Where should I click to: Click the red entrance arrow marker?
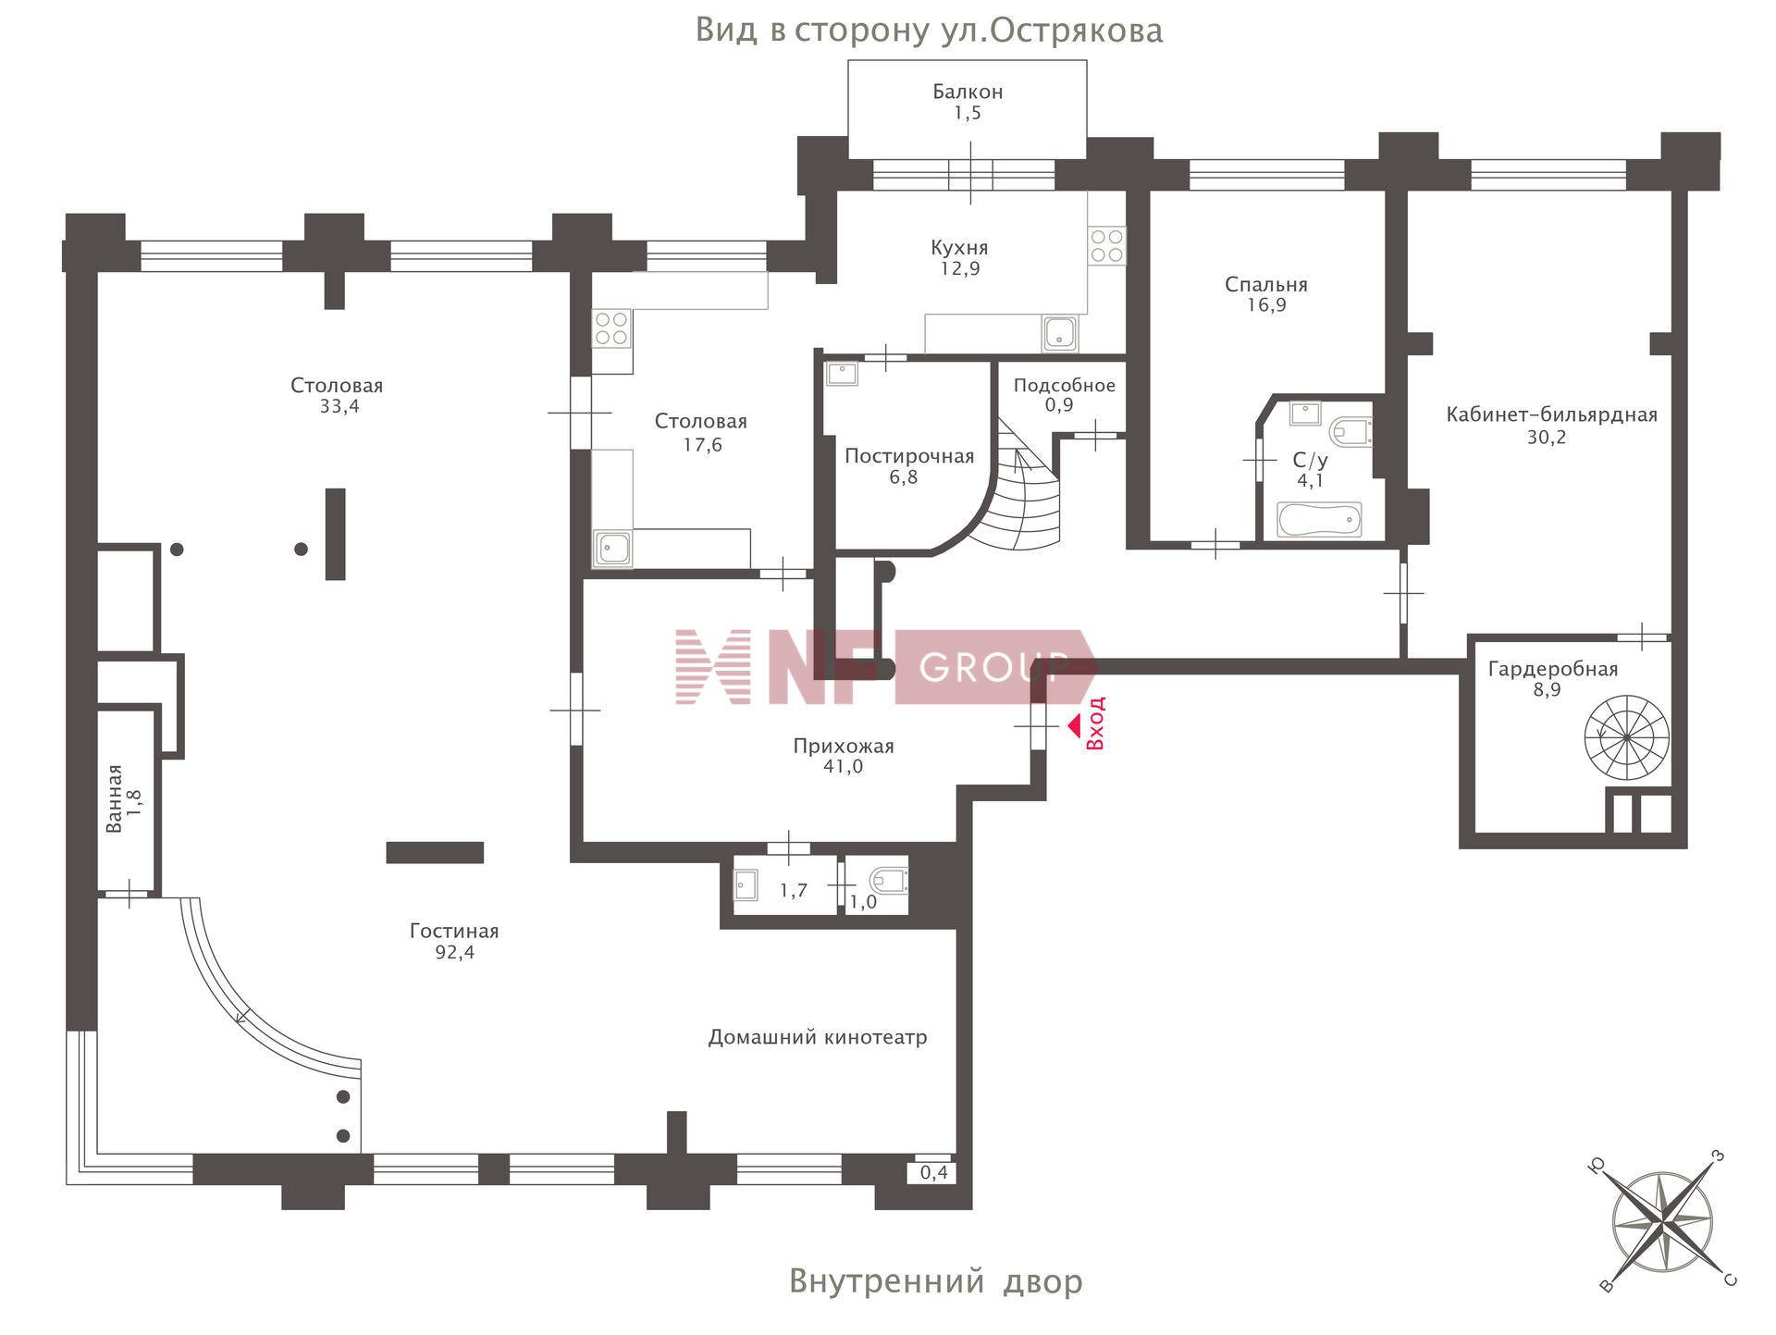(x=1074, y=726)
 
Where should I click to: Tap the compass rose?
(x=1662, y=1222)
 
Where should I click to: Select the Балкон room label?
(x=968, y=92)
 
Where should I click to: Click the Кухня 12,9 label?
(x=959, y=258)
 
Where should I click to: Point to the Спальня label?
(x=1265, y=284)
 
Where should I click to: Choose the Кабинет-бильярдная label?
(x=1551, y=414)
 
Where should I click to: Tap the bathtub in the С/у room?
(x=1319, y=519)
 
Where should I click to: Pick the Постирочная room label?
(x=908, y=456)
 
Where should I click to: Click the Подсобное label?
(x=1064, y=385)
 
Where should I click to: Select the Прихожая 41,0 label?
(x=843, y=756)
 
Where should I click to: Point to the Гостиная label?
(x=454, y=932)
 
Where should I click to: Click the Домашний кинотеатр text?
(x=817, y=1037)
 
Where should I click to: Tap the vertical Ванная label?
(x=114, y=797)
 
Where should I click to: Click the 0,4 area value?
(x=934, y=1173)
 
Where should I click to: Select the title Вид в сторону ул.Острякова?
(x=929, y=31)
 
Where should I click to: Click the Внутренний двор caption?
(x=935, y=1281)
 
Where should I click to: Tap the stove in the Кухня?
(x=1106, y=245)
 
